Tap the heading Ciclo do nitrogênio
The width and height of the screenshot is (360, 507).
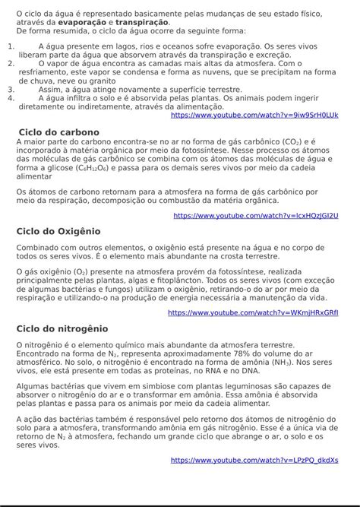click(62, 329)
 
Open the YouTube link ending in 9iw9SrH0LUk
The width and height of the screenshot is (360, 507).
click(254, 115)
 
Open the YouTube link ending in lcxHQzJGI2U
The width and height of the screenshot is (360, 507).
click(256, 216)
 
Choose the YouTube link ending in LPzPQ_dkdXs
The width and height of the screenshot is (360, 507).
click(254, 460)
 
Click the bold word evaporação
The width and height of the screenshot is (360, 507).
click(84, 23)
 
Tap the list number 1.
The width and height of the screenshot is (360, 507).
click(11, 46)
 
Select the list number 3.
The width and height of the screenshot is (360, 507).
click(11, 89)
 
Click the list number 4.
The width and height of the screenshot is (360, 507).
click(11, 97)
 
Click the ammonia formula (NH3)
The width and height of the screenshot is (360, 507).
click(279, 363)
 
